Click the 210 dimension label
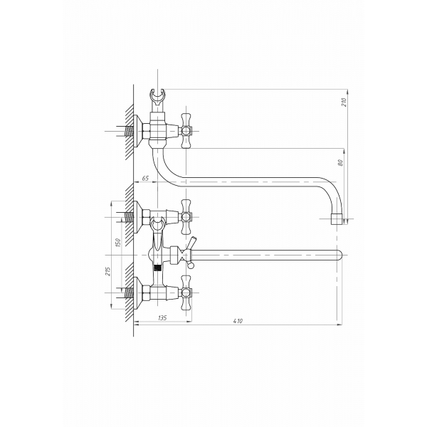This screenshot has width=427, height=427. coord(344,102)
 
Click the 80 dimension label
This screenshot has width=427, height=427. coord(340,162)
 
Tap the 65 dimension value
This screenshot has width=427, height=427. coord(145,179)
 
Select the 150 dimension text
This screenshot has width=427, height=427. coord(117,243)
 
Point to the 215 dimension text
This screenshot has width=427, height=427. coord(108,271)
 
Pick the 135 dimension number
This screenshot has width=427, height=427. coord(162,318)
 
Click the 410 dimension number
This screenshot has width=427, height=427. coord(238,321)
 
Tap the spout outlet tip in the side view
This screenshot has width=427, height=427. coord(337,219)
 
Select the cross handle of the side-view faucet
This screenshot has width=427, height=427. coord(186,131)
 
